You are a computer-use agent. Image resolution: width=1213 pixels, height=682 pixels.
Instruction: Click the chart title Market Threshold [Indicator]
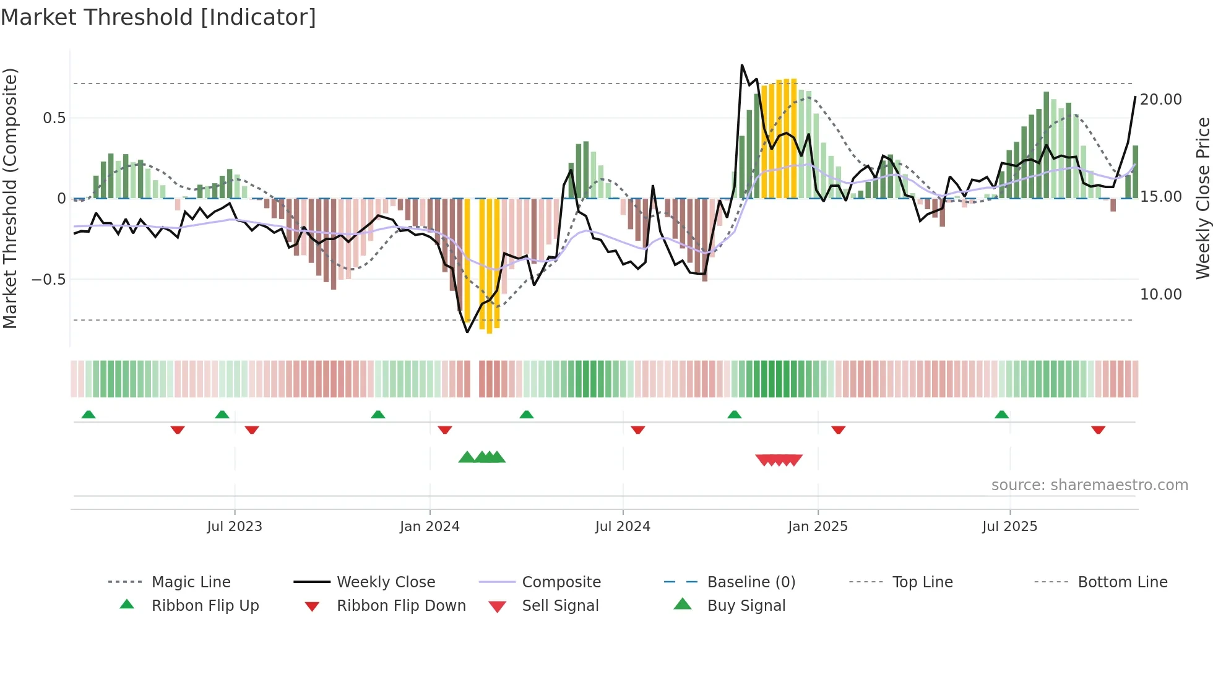pos(158,17)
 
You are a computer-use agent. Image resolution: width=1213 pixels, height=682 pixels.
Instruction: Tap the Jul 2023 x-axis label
pos(235,527)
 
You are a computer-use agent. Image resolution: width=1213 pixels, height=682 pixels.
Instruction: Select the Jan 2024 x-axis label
pos(430,527)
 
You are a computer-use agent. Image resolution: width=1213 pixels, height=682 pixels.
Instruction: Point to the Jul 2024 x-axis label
pos(623,527)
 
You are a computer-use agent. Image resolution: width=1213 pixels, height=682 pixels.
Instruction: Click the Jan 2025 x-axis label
pos(818,527)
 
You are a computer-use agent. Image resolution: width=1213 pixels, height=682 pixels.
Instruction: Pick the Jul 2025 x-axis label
pos(1009,527)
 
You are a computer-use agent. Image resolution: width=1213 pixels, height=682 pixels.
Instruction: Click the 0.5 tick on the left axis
pos(54,118)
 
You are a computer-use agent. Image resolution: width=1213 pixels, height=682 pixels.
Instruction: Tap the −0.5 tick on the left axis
pos(49,280)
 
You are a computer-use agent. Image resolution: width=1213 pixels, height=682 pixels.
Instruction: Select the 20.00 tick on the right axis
pos(1161,100)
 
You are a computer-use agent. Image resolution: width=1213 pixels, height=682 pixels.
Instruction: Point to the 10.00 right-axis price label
pos(1161,295)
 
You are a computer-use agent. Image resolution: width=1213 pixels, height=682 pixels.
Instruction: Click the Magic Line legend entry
pos(191,582)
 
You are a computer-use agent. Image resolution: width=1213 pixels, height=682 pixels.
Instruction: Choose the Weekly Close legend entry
pos(386,582)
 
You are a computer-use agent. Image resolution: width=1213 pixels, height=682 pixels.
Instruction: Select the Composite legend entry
pos(561,582)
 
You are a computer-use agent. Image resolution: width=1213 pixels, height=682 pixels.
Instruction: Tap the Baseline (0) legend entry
pos(751,582)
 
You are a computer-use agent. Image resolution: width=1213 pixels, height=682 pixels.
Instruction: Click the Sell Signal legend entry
pos(560,606)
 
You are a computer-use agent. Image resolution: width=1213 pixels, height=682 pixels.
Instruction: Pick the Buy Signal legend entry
pos(746,606)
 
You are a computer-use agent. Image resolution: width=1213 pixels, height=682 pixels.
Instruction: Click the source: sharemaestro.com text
pos(1089,485)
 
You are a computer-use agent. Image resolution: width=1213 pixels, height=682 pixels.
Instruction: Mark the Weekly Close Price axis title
pos(1202,198)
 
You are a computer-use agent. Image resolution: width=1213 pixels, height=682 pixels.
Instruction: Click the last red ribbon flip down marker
pos(1098,430)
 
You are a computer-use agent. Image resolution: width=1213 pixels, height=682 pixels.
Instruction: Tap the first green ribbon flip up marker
pos(88,415)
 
